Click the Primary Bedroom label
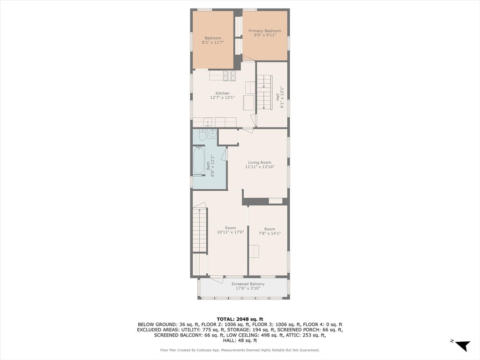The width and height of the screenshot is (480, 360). [265, 33]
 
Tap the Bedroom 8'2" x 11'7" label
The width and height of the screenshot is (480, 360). [213, 40]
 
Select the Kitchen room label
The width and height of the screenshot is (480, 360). [222, 95]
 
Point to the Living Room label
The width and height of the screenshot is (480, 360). [260, 165]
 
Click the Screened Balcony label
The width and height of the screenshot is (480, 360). [248, 286]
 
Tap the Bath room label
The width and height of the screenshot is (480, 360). [210, 165]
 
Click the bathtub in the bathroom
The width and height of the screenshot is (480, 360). [199, 160]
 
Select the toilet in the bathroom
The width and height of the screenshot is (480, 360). [202, 135]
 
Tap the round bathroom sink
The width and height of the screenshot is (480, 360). [212, 134]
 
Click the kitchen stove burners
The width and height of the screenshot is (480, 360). [229, 75]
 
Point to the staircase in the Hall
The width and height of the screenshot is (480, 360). [264, 92]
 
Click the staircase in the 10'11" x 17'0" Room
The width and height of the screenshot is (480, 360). [200, 230]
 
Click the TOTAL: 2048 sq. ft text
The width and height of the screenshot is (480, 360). [240, 319]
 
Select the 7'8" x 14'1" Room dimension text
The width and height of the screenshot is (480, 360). [270, 233]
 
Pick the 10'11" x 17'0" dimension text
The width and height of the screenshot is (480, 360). [231, 232]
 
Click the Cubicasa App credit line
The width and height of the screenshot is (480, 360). [240, 350]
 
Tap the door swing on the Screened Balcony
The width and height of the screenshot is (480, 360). [217, 280]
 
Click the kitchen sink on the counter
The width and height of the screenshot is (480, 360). [208, 122]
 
